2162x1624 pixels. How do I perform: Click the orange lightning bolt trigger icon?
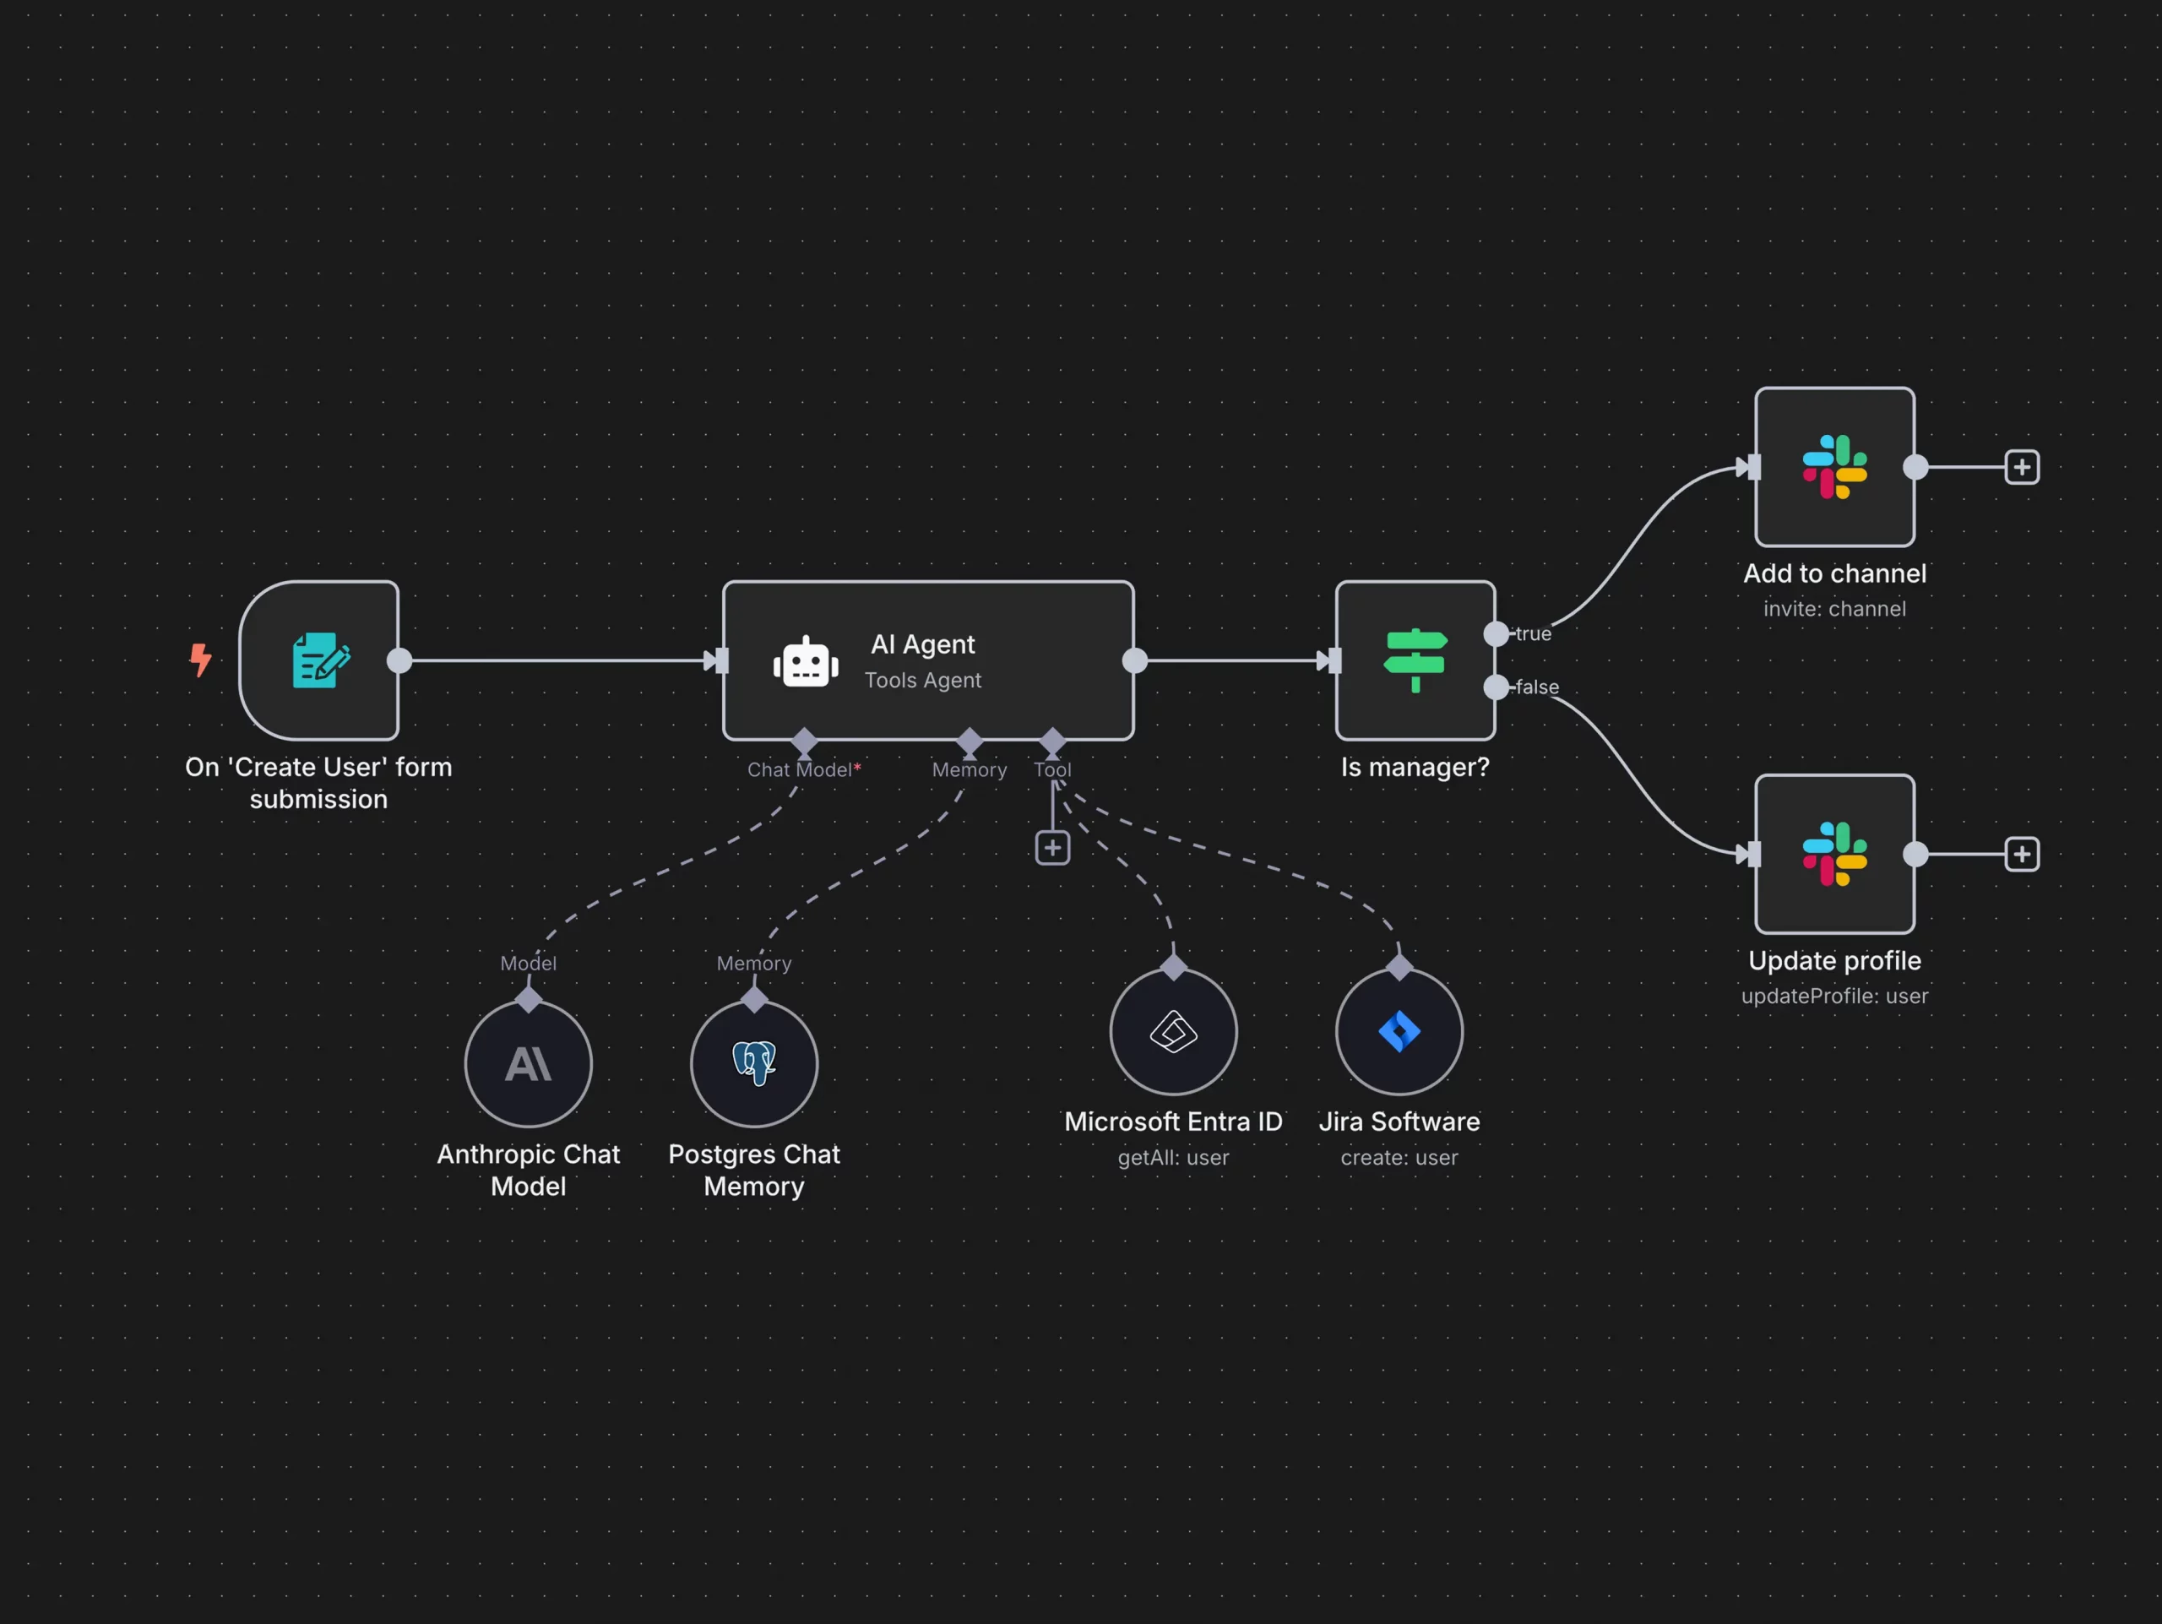click(x=200, y=660)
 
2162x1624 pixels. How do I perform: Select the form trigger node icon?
click(x=319, y=660)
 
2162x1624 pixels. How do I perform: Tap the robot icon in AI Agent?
click(x=806, y=662)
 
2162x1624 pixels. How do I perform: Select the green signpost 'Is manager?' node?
click(x=1415, y=660)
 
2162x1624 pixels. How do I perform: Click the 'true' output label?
click(x=1533, y=634)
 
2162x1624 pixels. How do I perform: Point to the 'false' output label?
click(x=1536, y=687)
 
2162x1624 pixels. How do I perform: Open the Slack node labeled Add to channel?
click(x=1833, y=467)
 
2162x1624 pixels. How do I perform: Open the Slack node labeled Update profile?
click(x=1833, y=854)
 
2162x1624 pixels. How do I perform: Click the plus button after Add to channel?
click(x=2021, y=467)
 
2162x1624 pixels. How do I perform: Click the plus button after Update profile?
click(x=2021, y=854)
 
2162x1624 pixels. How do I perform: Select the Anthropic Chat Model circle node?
click(x=528, y=1063)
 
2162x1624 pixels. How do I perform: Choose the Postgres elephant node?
click(x=753, y=1063)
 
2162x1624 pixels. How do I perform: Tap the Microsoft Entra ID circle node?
click(x=1173, y=1031)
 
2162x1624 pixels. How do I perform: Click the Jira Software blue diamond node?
click(x=1399, y=1031)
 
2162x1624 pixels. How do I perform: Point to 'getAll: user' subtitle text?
click(x=1173, y=1158)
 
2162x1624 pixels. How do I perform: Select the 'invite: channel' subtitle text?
click(x=1833, y=609)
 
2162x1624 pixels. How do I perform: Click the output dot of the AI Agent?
click(x=1133, y=660)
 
